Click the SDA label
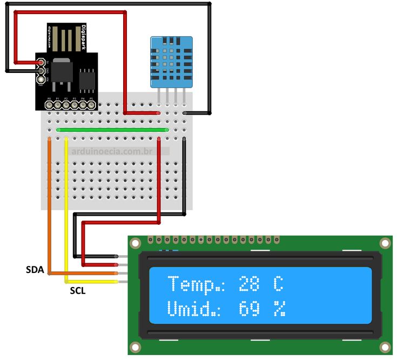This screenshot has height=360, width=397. pyautogui.click(x=36, y=269)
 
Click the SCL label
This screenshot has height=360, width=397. pyautogui.click(x=77, y=290)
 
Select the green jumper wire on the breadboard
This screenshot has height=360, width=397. pyautogui.click(x=112, y=130)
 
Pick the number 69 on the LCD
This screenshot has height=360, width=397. pyautogui.click(x=249, y=309)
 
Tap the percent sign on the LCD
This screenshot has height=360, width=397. pyautogui.click(x=279, y=309)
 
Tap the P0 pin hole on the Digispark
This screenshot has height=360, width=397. pyautogui.click(x=49, y=105)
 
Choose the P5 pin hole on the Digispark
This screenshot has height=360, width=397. pyautogui.click(x=91, y=105)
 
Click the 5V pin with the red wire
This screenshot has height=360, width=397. pyautogui.click(x=41, y=63)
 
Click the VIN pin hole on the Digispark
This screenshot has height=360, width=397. pyautogui.click(x=41, y=79)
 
